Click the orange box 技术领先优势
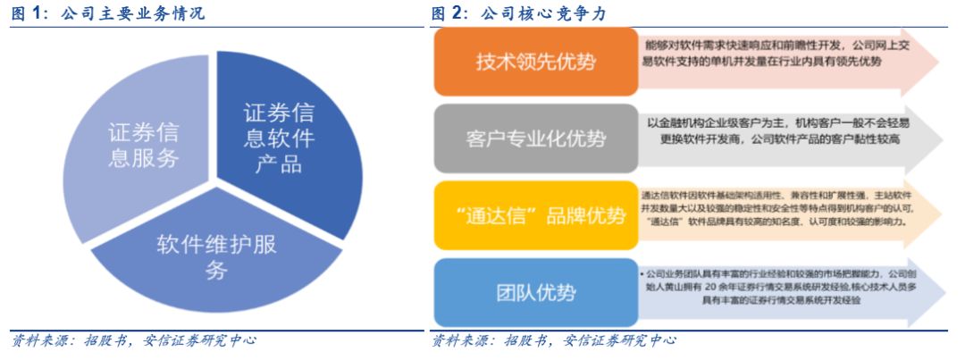(536, 63)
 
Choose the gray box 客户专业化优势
(536, 138)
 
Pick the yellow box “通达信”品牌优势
(536, 215)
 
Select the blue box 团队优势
(536, 292)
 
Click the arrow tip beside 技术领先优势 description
(934, 63)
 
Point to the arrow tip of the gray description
(934, 139)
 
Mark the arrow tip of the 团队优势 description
(934, 292)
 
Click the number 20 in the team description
(710, 287)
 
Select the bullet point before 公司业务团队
(643, 272)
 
